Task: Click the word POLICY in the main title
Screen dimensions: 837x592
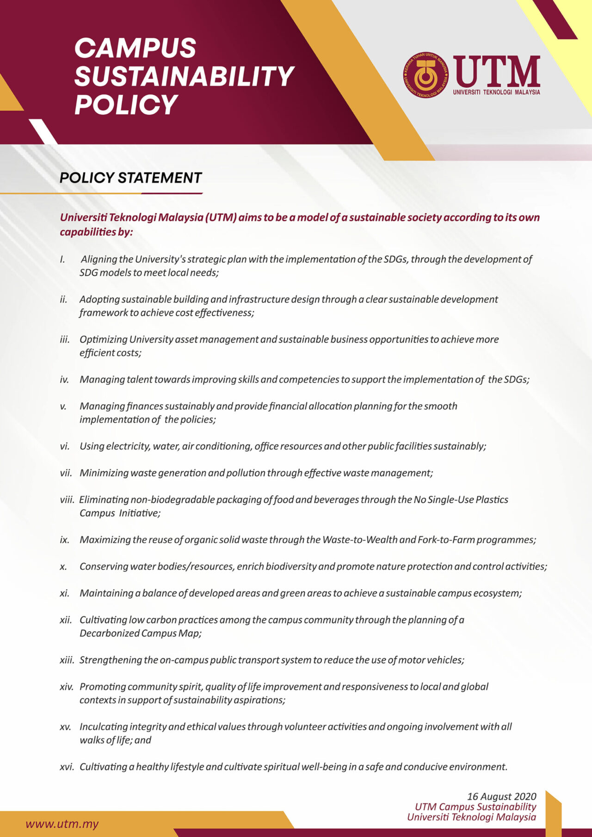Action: pyautogui.click(x=126, y=105)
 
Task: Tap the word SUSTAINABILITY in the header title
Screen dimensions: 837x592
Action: pyautogui.click(x=184, y=76)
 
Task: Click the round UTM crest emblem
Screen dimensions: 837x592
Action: pyautogui.click(x=425, y=75)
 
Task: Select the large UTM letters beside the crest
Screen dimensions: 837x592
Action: pyautogui.click(x=496, y=71)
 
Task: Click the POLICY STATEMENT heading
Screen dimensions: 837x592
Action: pyautogui.click(x=131, y=178)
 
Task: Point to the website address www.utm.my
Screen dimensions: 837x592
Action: pyautogui.click(x=62, y=824)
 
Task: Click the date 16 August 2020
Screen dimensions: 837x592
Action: pyautogui.click(x=501, y=796)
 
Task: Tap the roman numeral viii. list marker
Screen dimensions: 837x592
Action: pyautogui.click(x=67, y=499)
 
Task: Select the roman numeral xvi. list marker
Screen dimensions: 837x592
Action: pyautogui.click(x=67, y=767)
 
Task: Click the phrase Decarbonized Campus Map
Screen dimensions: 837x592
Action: pyautogui.click(x=140, y=633)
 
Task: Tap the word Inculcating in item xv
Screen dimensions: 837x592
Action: pyautogui.click(x=104, y=726)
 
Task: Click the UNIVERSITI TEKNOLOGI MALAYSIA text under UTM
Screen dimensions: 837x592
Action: pyautogui.click(x=496, y=92)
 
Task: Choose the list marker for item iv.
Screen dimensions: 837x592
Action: pyautogui.click(x=64, y=380)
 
